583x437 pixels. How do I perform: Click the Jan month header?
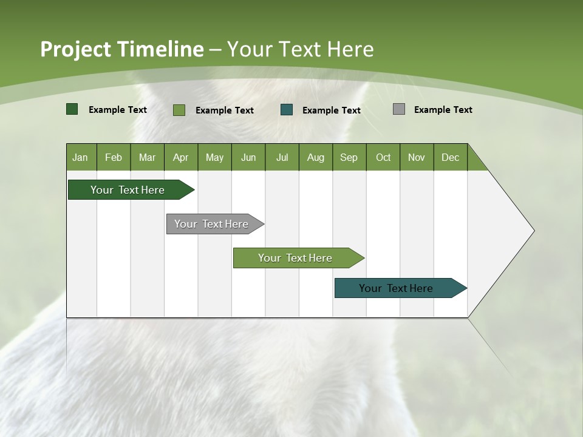tap(81, 157)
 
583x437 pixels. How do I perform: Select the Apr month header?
tap(181, 157)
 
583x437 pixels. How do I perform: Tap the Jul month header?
tap(282, 157)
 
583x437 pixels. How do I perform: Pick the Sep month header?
tap(349, 157)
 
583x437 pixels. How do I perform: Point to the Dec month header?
tap(450, 157)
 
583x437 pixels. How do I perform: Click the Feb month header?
tap(114, 157)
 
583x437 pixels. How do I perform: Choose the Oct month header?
tap(383, 157)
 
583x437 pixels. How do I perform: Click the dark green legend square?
tap(72, 109)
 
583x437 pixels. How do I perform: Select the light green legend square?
tap(179, 110)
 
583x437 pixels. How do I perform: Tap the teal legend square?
tap(287, 110)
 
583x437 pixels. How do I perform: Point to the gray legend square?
tap(399, 109)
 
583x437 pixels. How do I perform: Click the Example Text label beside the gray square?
tap(443, 110)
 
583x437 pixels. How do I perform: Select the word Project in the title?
tap(75, 49)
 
